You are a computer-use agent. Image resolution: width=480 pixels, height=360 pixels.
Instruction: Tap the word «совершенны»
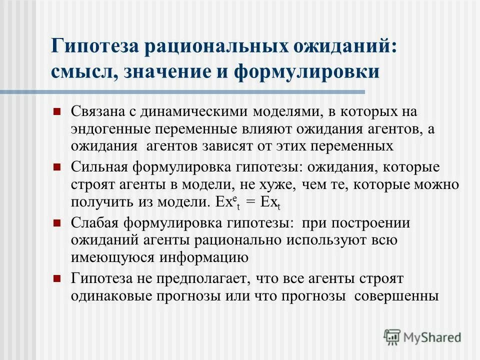click(396, 295)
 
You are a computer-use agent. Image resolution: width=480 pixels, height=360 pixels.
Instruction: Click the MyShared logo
click(422, 336)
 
